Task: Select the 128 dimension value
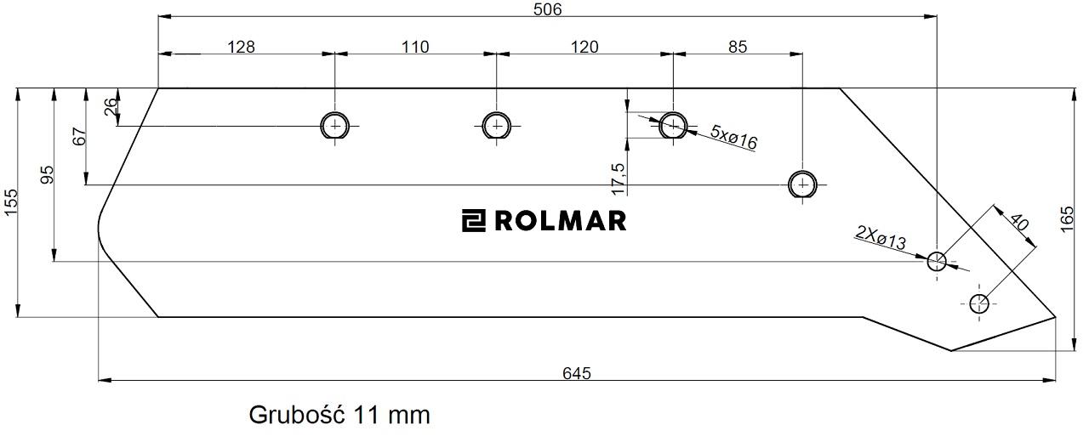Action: coord(242,47)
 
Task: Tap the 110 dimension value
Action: coord(415,47)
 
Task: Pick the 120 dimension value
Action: coord(584,47)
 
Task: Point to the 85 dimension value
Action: coord(738,47)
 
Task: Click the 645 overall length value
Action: coord(576,373)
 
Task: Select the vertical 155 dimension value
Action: coord(11,203)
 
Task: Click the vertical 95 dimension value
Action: coord(47,174)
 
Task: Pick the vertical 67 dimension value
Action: coord(80,136)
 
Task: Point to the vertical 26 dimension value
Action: coord(110,108)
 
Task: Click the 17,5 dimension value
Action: coord(618,178)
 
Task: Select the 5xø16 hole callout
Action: coord(733,137)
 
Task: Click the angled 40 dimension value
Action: coord(1017,223)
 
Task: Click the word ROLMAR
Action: coord(560,221)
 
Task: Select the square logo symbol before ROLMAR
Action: coord(473,221)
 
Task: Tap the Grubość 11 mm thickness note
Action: coord(339,416)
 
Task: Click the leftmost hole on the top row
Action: coord(335,126)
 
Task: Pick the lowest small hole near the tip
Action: coord(978,303)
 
